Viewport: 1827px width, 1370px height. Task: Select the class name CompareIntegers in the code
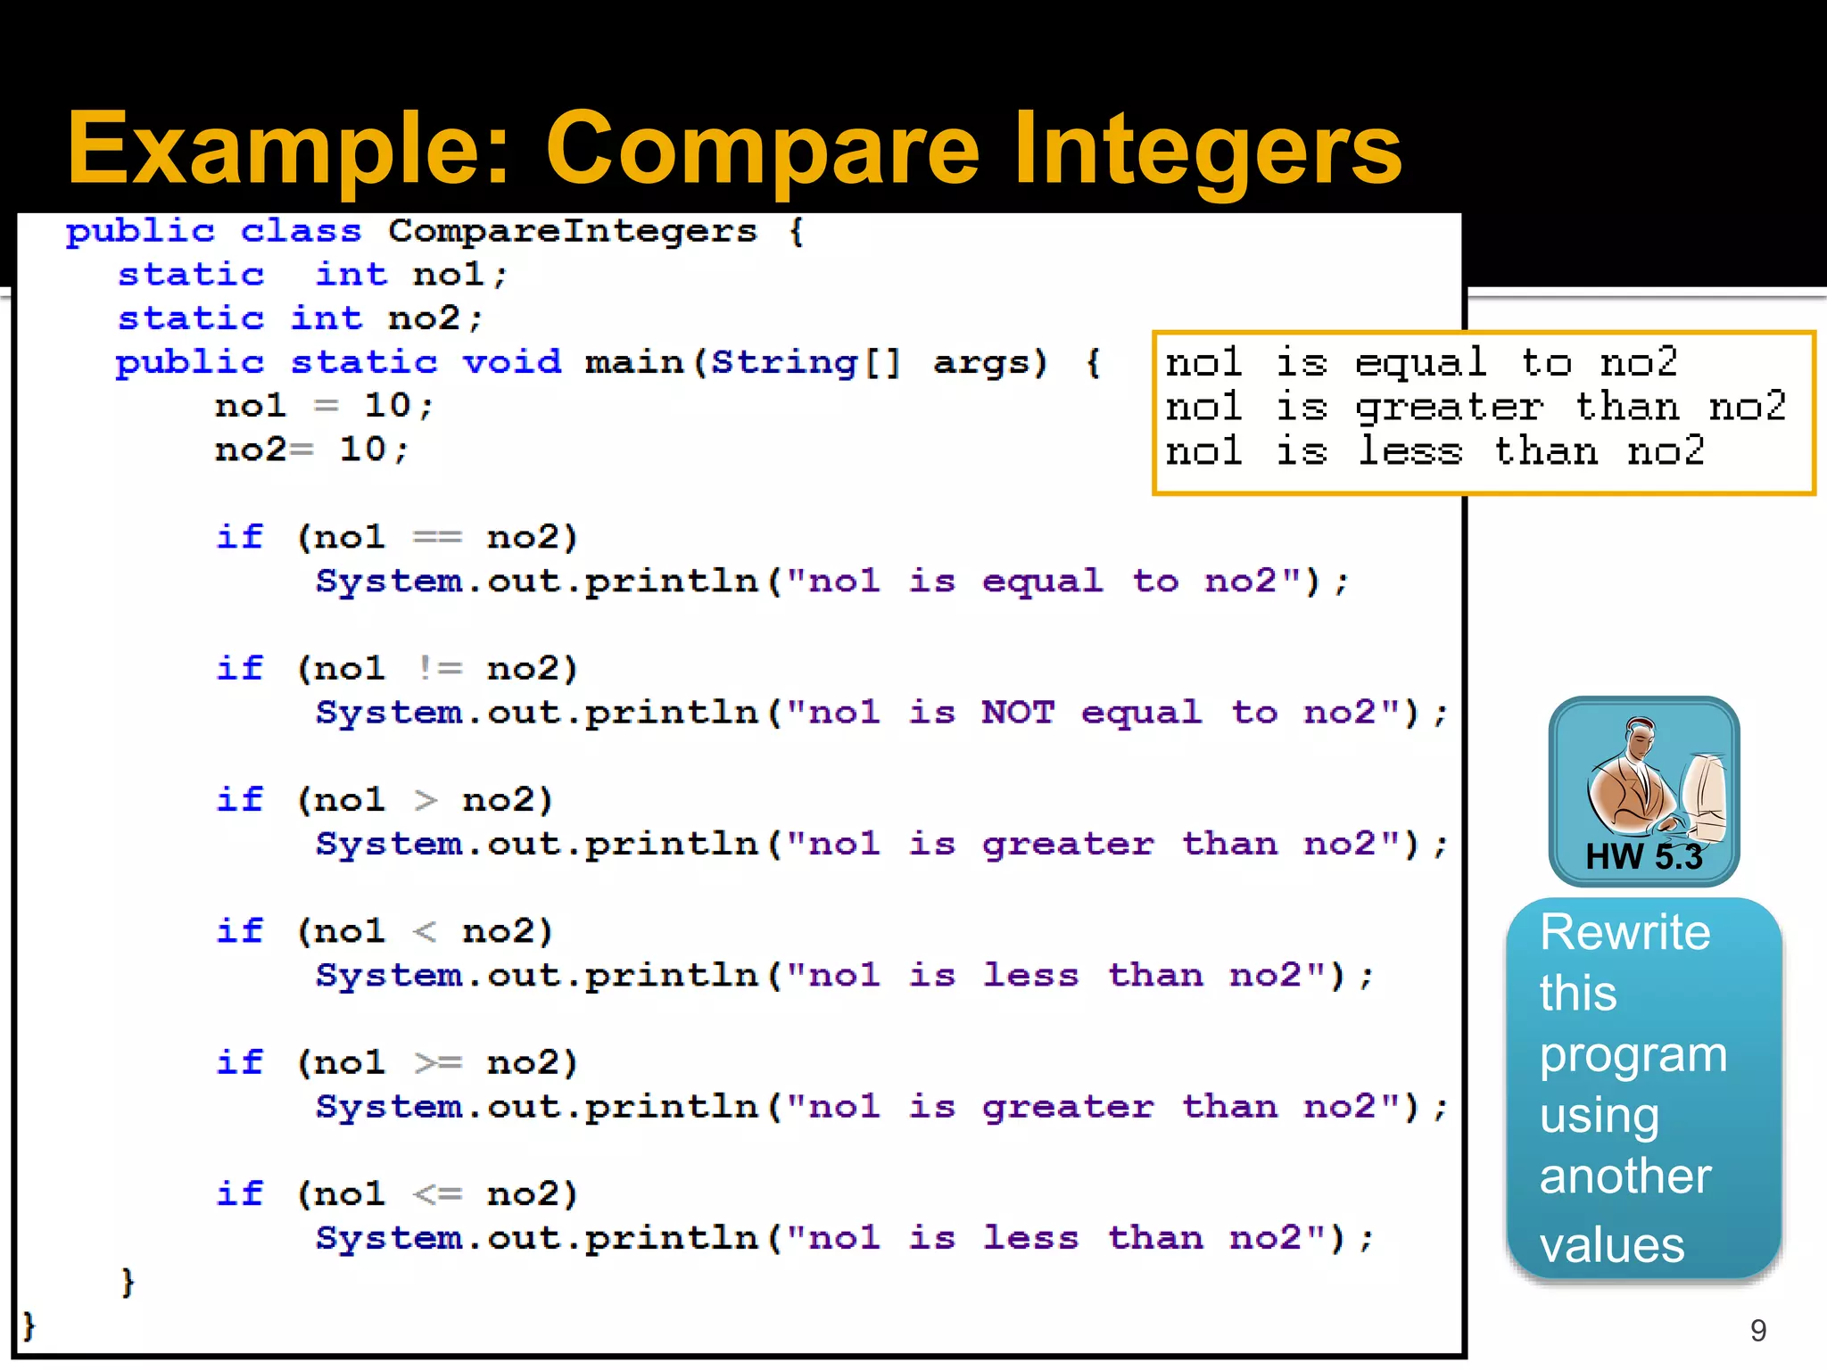click(x=572, y=232)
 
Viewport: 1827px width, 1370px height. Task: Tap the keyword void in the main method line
click(x=511, y=362)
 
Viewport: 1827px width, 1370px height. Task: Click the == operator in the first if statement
click(x=437, y=538)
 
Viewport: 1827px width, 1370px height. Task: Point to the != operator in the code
click(x=439, y=668)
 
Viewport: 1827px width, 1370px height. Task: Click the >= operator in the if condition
click(x=438, y=1062)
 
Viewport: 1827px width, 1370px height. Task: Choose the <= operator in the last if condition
click(x=438, y=1193)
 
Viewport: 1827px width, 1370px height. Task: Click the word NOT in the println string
click(x=1018, y=713)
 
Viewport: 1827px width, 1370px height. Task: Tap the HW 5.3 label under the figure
click(x=1643, y=857)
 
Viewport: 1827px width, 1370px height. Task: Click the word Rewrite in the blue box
click(x=1624, y=933)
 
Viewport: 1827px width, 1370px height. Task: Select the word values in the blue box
click(x=1612, y=1245)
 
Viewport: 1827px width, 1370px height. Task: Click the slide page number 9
click(x=1758, y=1331)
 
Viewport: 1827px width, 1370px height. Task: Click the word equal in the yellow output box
click(x=1420, y=363)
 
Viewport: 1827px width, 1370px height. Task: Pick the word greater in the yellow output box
click(x=1449, y=408)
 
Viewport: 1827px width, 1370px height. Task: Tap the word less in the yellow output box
click(x=1410, y=451)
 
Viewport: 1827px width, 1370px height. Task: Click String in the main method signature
click(x=782, y=362)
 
